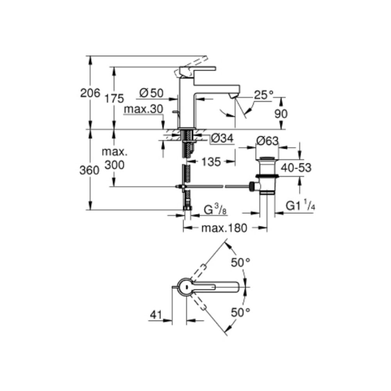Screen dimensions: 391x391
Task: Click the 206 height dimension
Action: click(90, 93)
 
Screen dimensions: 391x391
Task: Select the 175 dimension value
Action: click(114, 99)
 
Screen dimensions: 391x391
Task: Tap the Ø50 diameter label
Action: click(151, 93)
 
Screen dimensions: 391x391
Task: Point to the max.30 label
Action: click(143, 109)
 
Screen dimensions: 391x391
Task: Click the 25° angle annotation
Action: click(264, 95)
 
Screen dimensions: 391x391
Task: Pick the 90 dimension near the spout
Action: click(281, 114)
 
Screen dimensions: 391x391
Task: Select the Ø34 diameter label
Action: click(222, 138)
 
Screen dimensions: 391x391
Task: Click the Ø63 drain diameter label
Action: click(267, 141)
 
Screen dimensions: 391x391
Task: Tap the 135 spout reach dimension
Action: click(211, 162)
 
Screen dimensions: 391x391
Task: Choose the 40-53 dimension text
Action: click(296, 168)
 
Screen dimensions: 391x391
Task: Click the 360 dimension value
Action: click(89, 170)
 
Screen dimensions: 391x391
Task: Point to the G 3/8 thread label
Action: click(215, 210)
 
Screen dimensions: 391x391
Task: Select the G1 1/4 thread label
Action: click(300, 206)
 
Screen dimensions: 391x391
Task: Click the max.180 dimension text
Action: click(224, 228)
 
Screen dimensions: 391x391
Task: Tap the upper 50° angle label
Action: click(240, 263)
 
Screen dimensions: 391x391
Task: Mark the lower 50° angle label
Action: click(240, 312)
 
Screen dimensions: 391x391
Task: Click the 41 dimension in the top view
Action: click(156, 315)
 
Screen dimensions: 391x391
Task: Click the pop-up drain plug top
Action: click(267, 158)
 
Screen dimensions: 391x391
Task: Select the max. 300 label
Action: click(115, 158)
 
